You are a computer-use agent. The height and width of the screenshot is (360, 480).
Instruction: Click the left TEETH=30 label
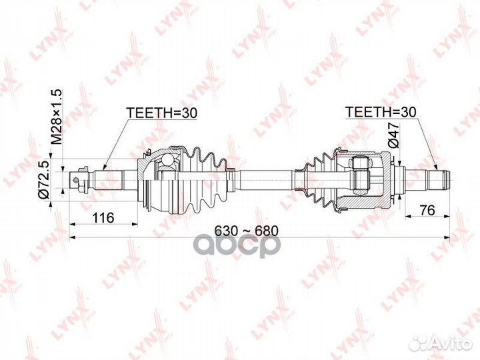(161, 113)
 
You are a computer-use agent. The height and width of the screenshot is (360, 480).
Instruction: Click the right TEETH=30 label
(381, 113)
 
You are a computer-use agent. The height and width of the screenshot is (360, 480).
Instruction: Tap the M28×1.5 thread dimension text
(57, 117)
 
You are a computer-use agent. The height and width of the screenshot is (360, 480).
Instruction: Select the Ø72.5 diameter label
(44, 180)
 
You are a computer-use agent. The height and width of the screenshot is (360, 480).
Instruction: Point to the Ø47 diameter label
(393, 135)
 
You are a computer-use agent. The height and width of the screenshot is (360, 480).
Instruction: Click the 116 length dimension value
(103, 217)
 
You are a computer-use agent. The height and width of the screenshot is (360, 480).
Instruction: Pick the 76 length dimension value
(427, 210)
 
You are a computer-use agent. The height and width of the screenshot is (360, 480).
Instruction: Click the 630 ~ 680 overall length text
(247, 231)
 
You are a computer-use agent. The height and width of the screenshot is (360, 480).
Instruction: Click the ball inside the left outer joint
(167, 160)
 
